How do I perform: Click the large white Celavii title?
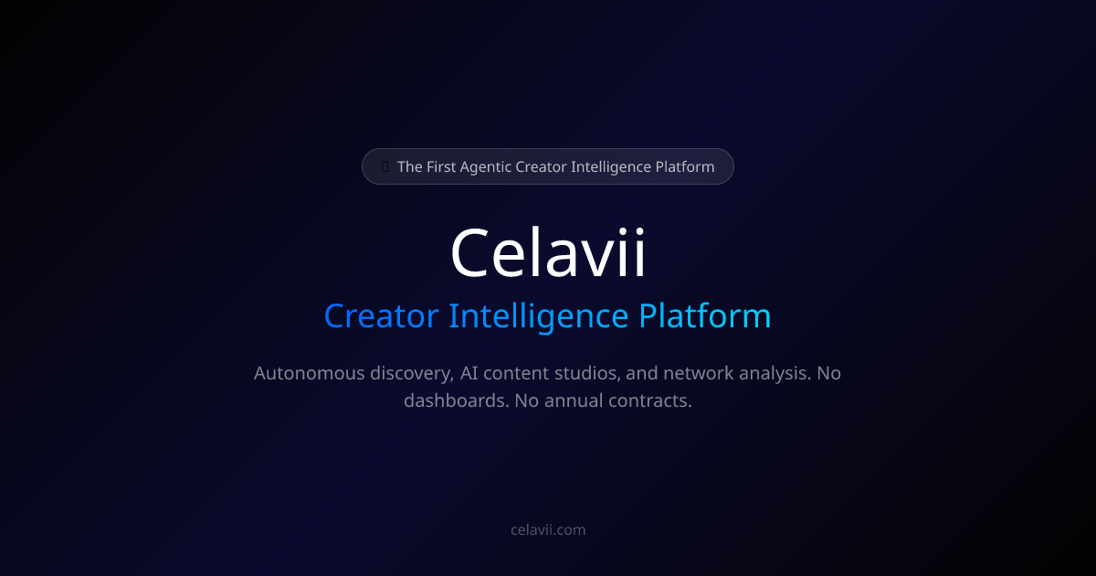coord(548,253)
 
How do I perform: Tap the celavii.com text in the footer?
coord(548,529)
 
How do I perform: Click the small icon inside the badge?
coord(385,166)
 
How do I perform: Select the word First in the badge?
coord(442,166)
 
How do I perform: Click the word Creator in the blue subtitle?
coord(381,316)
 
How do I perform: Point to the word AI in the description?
coord(471,373)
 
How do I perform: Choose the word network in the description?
coord(698,373)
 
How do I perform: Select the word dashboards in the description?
coord(454,400)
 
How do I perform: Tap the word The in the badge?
coord(409,166)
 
